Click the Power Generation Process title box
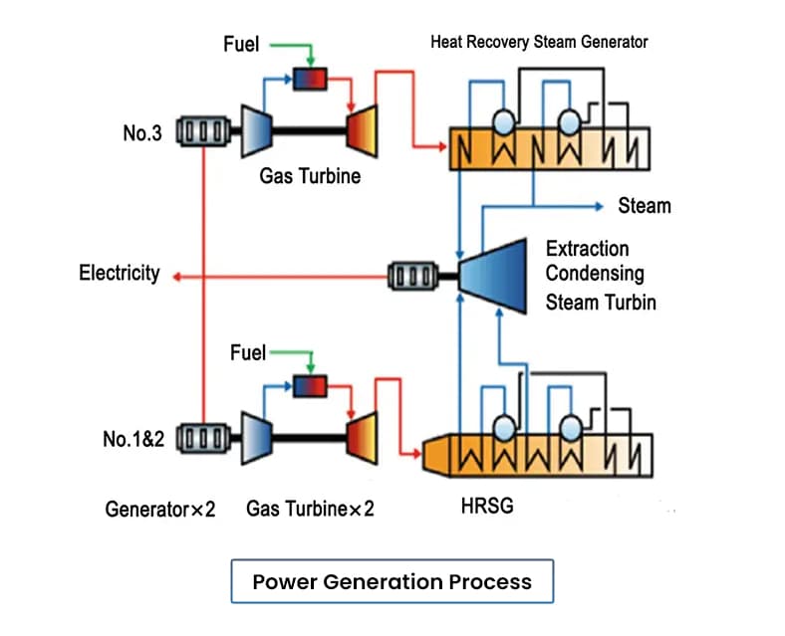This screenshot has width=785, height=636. click(392, 581)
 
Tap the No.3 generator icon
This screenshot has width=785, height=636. click(202, 131)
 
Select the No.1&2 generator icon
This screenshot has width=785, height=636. click(202, 437)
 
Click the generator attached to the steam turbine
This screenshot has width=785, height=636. click(413, 274)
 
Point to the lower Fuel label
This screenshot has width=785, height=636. click(248, 352)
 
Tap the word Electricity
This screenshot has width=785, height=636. click(120, 274)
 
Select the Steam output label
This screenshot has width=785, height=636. click(644, 206)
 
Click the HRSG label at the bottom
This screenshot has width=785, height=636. click(489, 508)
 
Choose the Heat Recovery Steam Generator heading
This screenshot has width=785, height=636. click(538, 42)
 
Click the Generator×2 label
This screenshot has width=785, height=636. click(160, 510)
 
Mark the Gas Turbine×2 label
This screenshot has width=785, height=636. click(310, 510)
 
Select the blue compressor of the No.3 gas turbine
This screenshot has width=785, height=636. click(257, 131)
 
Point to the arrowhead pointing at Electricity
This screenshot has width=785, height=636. click(175, 274)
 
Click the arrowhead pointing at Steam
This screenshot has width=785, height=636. click(601, 206)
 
